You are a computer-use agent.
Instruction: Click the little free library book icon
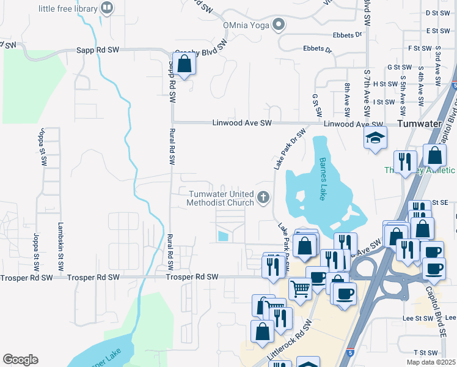[x=107, y=8]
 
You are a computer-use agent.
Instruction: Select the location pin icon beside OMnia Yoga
[x=279, y=25]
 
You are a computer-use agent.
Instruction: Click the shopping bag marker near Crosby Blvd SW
[x=184, y=63]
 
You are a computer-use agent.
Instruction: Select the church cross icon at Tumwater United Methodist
[x=263, y=197]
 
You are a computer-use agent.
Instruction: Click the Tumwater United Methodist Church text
[x=220, y=198]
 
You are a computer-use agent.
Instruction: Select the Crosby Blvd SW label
[x=201, y=52]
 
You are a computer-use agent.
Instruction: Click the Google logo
[x=20, y=360]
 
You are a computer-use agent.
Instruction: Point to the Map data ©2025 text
[x=431, y=362]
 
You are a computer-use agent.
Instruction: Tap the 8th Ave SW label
[x=347, y=100]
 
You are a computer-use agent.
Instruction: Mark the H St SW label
[x=386, y=84]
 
